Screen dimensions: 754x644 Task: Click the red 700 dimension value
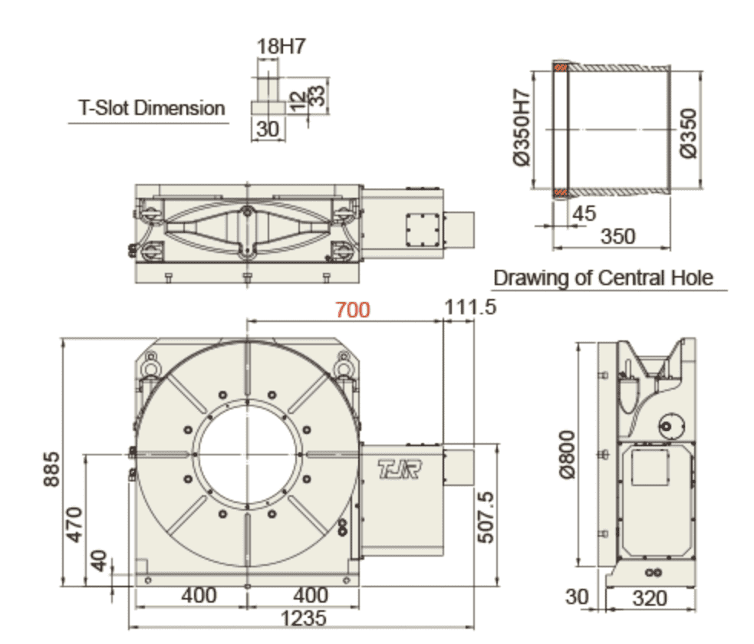tap(353, 310)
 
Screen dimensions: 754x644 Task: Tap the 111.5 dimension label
tap(469, 307)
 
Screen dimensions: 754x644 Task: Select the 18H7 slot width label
tap(281, 47)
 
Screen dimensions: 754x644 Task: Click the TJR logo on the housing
tap(400, 469)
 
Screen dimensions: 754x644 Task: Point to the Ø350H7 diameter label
tap(522, 127)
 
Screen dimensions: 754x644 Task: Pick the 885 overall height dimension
tap(51, 469)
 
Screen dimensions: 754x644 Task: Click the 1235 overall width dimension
tap(303, 618)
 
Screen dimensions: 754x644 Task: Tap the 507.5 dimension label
tap(486, 517)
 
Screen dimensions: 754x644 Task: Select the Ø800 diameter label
tap(568, 455)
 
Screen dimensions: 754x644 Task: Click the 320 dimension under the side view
tap(650, 599)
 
